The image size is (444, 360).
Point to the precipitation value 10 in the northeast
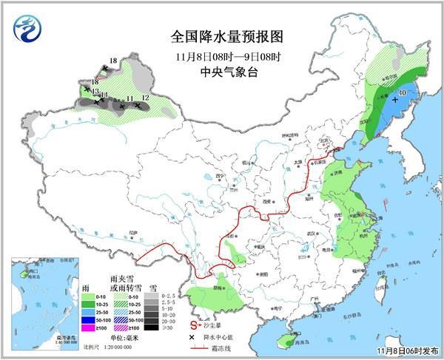401,92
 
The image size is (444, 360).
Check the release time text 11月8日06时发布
406,350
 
